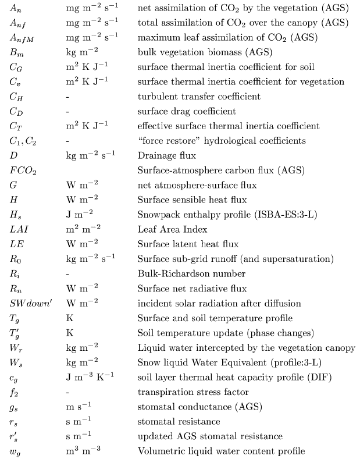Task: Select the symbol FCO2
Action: point(22,170)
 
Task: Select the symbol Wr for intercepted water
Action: point(15,347)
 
